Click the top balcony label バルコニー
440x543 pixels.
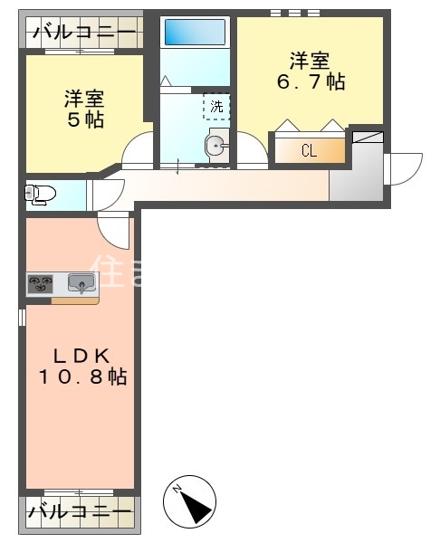click(x=83, y=33)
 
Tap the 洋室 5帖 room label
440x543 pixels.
click(x=82, y=109)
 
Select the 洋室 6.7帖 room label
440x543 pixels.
click(x=309, y=71)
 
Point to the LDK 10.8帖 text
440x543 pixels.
click(x=81, y=366)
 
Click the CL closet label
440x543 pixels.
click(x=309, y=151)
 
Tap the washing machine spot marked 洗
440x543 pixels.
click(x=216, y=106)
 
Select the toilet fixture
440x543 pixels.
click(x=40, y=194)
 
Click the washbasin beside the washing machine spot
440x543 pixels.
click(x=217, y=145)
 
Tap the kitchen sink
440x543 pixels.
click(x=81, y=284)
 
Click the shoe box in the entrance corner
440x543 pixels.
click(x=368, y=138)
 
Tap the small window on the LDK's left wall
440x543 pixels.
click(x=23, y=319)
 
